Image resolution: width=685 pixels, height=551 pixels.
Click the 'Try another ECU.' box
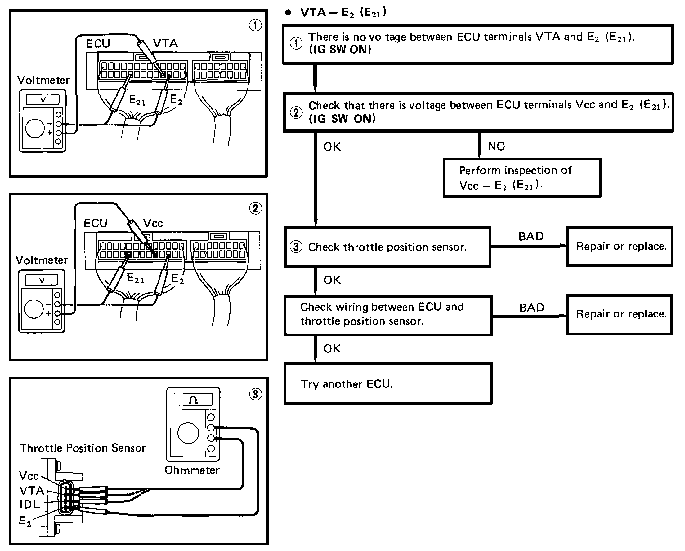point(388,383)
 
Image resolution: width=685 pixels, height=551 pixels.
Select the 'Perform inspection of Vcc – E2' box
point(522,178)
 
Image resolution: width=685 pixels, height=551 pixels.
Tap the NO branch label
point(496,146)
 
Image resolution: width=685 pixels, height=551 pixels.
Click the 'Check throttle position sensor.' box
point(387,247)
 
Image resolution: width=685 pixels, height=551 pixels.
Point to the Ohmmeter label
point(192,470)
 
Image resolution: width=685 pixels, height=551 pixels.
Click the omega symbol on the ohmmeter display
point(193,400)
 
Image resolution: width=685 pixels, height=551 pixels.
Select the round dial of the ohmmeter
point(188,433)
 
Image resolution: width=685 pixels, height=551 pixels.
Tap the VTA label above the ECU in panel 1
point(165,43)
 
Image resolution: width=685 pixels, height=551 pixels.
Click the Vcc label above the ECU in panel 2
point(153,223)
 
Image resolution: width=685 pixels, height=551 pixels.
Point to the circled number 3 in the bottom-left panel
point(256,394)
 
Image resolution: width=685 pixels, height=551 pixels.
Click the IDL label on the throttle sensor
point(29,504)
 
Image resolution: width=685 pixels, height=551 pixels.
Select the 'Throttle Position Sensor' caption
point(82,448)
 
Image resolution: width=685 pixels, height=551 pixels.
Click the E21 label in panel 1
point(137,100)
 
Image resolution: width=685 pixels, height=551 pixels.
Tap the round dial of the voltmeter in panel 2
point(34,309)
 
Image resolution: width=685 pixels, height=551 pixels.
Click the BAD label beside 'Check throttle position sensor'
point(531,236)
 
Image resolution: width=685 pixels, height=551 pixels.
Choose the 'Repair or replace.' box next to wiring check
point(619,314)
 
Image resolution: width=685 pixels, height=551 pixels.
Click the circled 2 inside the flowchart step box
point(296,112)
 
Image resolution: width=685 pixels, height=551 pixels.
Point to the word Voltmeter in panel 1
point(43,80)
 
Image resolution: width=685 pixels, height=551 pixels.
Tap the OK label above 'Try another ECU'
point(332,348)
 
